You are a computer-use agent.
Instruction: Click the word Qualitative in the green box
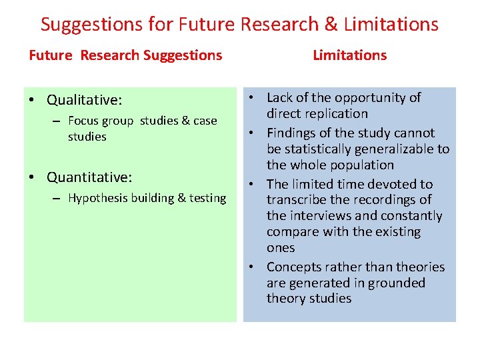pos(83,100)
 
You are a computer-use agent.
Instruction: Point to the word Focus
pos(83,121)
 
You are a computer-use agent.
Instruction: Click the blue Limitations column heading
pos(349,55)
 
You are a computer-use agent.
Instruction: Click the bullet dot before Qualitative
pos(32,100)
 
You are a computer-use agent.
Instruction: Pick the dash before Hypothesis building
pos(57,199)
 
